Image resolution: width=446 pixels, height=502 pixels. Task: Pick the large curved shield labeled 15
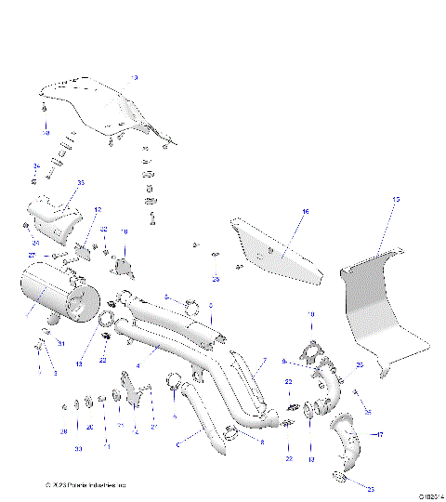click(376, 302)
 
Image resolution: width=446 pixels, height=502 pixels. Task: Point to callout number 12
click(98, 210)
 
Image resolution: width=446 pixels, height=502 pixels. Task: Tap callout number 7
click(263, 360)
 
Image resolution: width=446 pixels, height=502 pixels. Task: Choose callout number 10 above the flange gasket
click(311, 314)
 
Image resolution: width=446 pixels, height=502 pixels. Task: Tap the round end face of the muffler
click(81, 305)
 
